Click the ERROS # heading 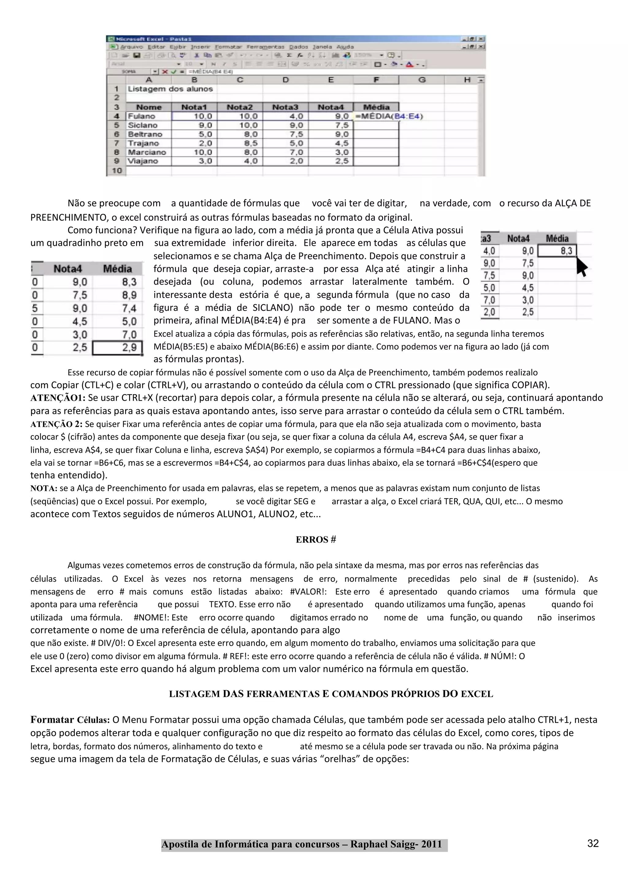click(x=316, y=540)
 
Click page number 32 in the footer click(x=593, y=843)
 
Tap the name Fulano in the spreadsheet click(x=141, y=116)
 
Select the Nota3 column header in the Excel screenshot click(x=285, y=107)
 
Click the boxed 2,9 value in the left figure click(x=118, y=347)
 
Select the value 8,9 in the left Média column click(x=129, y=295)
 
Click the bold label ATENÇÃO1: click(x=58, y=398)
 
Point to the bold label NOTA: click(x=44, y=488)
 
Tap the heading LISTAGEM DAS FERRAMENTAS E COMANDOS click(x=331, y=694)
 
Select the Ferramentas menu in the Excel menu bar click(x=265, y=47)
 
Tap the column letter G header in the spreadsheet click(x=422, y=80)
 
